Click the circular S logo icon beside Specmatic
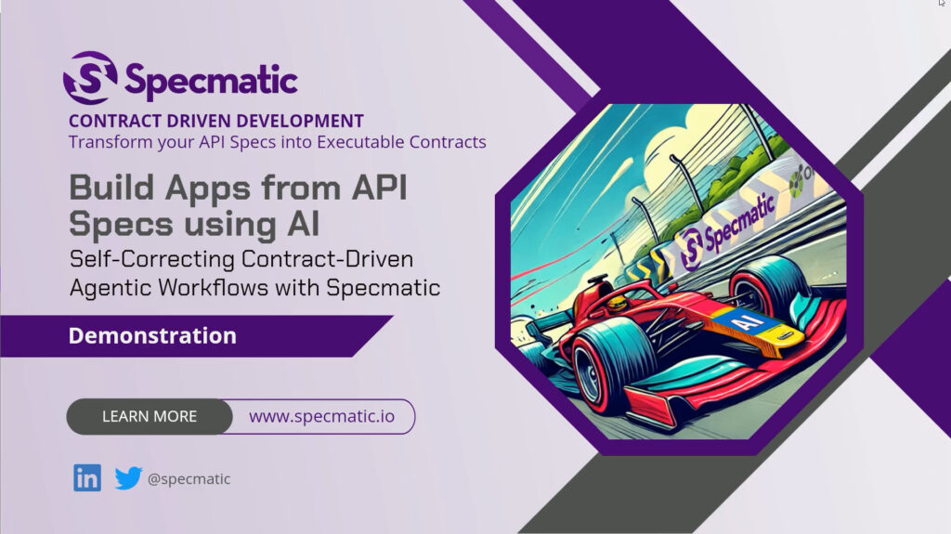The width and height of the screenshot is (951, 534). coord(90,78)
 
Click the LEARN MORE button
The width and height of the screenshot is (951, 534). coord(150,416)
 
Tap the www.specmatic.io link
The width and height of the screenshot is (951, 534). coord(321,416)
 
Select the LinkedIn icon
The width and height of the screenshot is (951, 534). coord(87,477)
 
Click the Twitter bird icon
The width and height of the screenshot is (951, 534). coord(128,477)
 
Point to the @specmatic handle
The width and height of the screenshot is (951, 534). coord(189,479)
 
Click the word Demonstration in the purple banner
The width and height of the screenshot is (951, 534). coord(152,335)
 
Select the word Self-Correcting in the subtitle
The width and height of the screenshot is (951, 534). coord(152,259)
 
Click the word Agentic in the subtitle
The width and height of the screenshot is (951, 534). coord(111,288)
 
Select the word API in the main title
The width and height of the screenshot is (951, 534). coord(380,187)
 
